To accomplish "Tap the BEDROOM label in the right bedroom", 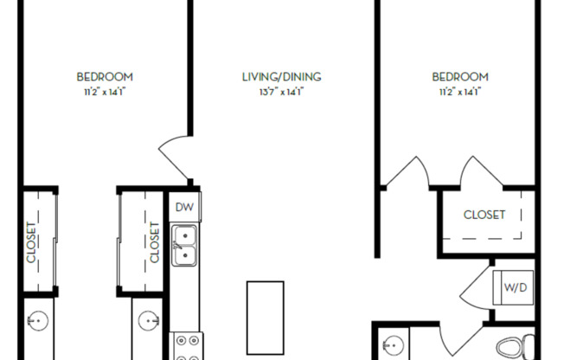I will click(x=460, y=77).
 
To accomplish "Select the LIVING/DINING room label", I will click(x=282, y=77).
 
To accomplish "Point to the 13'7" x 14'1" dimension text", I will click(x=282, y=91).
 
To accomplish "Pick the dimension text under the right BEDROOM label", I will click(x=460, y=91).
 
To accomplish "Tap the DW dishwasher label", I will click(x=183, y=207).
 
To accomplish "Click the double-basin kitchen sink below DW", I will click(x=183, y=245).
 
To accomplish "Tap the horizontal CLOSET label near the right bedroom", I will click(x=484, y=215).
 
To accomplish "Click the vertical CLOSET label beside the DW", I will click(x=155, y=242).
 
